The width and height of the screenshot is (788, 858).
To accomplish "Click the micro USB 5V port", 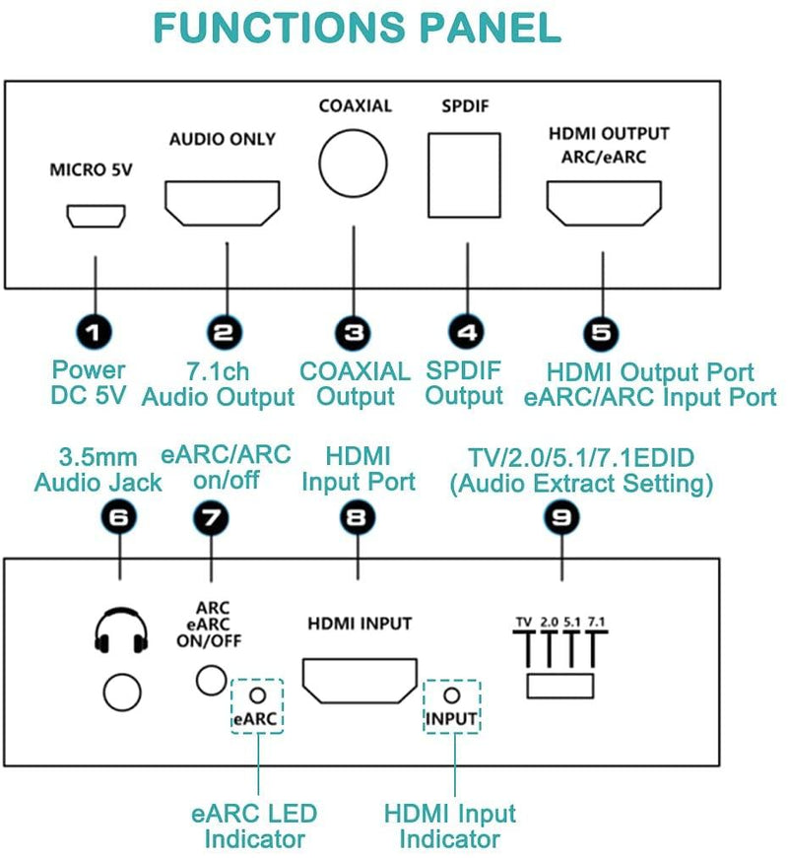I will [95, 215].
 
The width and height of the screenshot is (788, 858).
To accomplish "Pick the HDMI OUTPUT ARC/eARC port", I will [600, 201].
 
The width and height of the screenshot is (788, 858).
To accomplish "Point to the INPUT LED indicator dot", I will [452, 695].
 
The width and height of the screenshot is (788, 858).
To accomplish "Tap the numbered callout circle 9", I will [560, 520].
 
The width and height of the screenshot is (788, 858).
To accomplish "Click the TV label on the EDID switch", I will [523, 622].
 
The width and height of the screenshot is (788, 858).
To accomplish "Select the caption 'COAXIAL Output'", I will [355, 384].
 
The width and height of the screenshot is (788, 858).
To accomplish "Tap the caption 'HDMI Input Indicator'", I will [450, 827].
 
